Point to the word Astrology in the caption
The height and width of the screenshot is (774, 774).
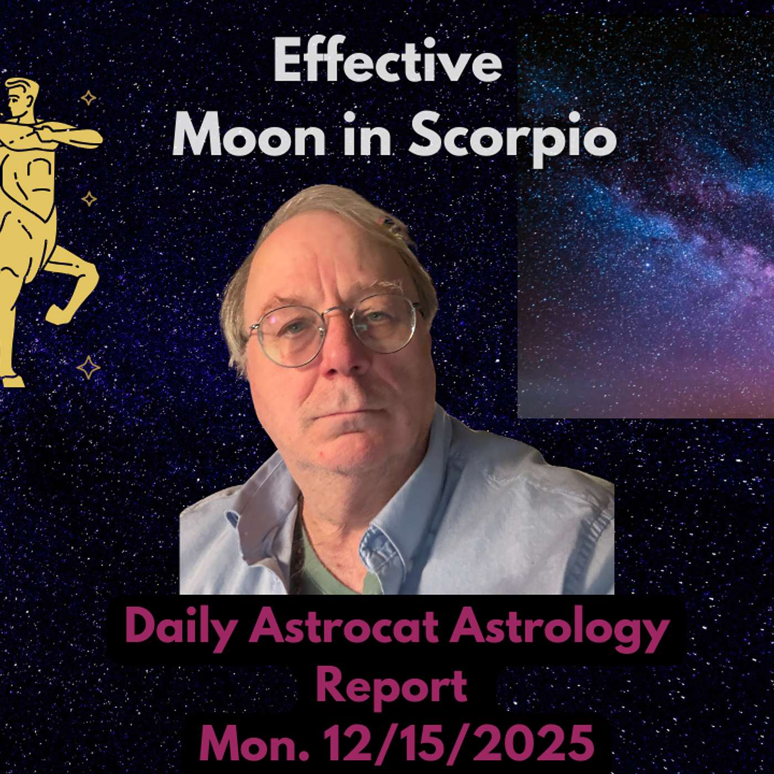[558, 630]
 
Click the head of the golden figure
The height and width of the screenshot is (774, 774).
[22, 97]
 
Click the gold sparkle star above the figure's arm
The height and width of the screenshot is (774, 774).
[88, 98]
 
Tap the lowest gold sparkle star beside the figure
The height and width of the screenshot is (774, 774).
[88, 368]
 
